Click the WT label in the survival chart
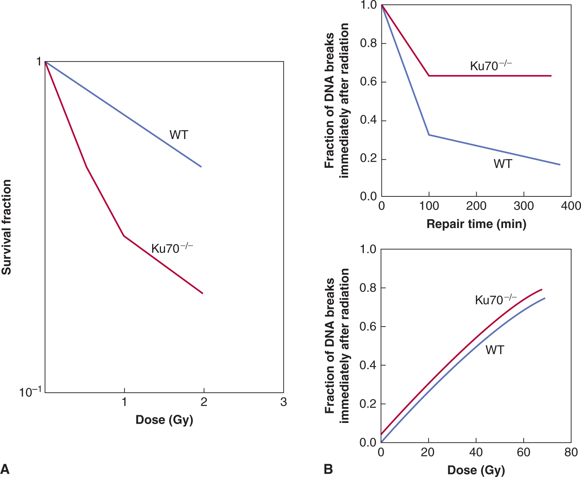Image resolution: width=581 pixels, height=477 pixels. (x=179, y=135)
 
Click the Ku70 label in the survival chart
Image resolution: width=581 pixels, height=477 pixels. (x=172, y=248)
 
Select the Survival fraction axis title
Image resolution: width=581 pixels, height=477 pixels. (x=7, y=227)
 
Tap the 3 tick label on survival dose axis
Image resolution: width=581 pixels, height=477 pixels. (x=283, y=402)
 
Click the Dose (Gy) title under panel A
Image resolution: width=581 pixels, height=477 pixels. (x=164, y=420)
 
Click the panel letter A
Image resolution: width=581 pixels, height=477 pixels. (x=5, y=469)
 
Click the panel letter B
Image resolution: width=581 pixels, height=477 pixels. (x=328, y=469)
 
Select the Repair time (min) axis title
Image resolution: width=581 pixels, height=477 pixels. (x=476, y=224)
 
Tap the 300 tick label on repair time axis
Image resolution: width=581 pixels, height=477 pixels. (x=524, y=206)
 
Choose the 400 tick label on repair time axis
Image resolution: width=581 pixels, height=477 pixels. (x=571, y=206)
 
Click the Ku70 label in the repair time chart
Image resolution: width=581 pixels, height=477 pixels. (x=491, y=66)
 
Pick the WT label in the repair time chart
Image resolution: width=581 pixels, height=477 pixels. (x=503, y=164)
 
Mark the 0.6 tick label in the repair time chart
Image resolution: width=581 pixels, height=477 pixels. (x=368, y=82)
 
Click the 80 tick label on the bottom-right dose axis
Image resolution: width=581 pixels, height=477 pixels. (x=571, y=452)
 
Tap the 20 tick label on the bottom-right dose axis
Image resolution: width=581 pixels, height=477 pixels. (x=428, y=452)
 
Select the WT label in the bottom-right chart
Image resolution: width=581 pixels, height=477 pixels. (x=495, y=350)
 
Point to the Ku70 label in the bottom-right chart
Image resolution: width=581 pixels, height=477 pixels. (x=495, y=300)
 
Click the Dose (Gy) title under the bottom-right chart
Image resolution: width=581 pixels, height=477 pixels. (x=476, y=470)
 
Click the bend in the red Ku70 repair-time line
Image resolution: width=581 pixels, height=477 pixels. (x=429, y=76)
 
